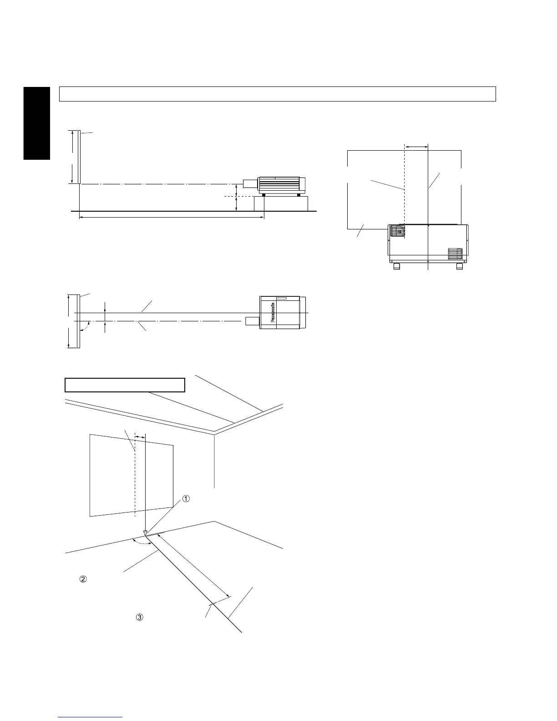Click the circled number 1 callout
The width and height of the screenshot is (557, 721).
click(x=186, y=499)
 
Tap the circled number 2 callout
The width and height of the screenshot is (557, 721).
click(x=83, y=579)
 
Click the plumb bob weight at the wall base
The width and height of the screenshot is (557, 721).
click(x=145, y=532)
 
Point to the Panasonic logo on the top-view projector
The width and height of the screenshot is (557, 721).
click(x=273, y=313)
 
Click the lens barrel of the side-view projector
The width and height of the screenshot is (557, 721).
click(x=250, y=184)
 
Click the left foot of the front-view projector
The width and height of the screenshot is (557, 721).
click(x=396, y=266)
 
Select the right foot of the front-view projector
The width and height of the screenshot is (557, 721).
click(x=460, y=266)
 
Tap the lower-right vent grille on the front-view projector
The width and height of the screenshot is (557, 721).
click(x=455, y=254)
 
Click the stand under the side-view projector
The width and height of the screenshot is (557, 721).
click(x=281, y=203)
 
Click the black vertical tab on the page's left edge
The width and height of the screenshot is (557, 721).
click(x=36, y=123)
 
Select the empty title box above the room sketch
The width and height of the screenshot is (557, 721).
click(x=125, y=385)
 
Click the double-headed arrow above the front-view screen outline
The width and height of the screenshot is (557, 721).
click(x=416, y=147)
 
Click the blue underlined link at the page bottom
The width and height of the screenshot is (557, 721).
click(x=91, y=717)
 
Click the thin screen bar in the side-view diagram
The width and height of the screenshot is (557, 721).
click(x=79, y=157)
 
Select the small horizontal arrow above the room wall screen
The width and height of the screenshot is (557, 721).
click(x=140, y=436)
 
